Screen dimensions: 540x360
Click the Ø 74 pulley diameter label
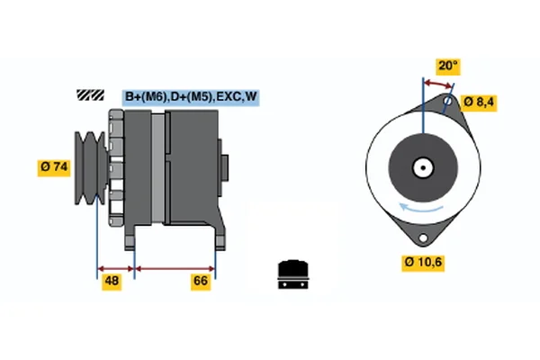coord(54,167)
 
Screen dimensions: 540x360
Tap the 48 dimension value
coord(112,282)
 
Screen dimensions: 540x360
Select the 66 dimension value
coord(201,282)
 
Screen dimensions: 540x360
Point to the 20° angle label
coord(448,66)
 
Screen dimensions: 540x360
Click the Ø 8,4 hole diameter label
coord(479,103)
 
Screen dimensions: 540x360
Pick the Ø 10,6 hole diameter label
coord(423,263)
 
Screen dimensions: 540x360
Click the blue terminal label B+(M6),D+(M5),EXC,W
coord(191,97)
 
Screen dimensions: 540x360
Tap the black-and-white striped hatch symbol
coord(90,95)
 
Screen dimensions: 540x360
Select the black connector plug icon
coord(293,274)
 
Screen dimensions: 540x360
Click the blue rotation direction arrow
coord(420,209)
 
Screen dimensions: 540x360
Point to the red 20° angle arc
coord(437,84)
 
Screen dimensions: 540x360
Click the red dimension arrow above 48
coord(116,269)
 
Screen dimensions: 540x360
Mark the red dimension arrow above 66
coord(175,269)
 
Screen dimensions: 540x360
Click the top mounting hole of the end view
coord(447,101)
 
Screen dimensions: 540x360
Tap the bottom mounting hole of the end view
coord(423,238)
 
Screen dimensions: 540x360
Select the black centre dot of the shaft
coord(423,167)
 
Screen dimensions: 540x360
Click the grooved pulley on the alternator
coord(91,167)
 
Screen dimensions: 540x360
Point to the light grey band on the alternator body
coord(158,167)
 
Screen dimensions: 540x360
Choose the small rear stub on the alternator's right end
coord(224,167)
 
